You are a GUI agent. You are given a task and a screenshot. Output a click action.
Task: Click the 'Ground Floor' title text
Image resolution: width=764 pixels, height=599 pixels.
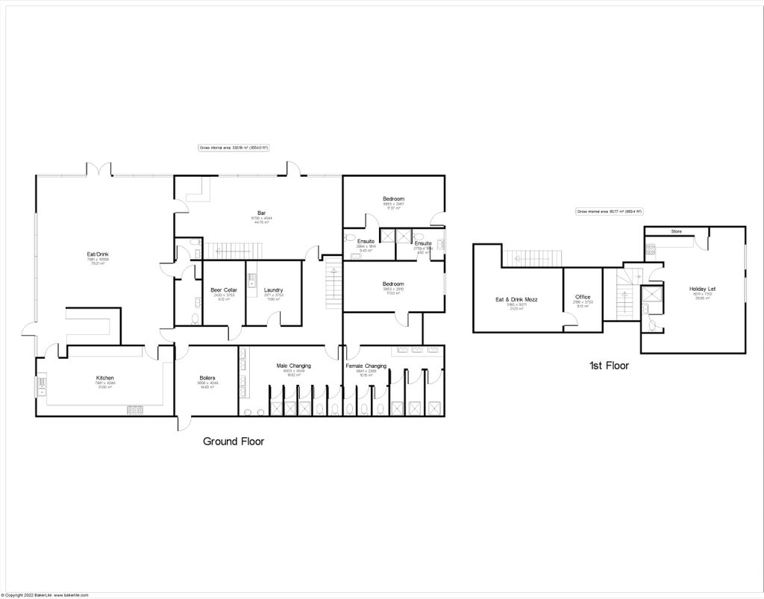[x=234, y=442]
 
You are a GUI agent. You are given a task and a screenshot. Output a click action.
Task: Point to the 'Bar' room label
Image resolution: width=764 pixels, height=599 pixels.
[x=262, y=213]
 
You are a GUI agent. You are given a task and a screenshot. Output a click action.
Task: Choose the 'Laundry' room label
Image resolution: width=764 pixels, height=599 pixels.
[x=273, y=289]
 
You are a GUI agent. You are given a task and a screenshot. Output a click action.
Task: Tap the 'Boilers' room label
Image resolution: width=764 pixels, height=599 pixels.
[x=207, y=377]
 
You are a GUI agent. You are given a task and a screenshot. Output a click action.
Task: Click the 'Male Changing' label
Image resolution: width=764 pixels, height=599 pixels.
[x=293, y=366]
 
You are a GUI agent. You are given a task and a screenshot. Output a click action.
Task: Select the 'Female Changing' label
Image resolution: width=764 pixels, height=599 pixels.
[x=366, y=366]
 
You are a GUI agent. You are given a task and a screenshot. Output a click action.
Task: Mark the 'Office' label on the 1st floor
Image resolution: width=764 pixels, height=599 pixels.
[x=583, y=297]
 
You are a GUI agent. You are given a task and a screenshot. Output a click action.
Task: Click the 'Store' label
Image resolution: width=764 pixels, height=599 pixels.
[x=676, y=231]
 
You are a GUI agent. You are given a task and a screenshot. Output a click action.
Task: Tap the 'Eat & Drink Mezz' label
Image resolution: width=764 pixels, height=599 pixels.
[x=516, y=300]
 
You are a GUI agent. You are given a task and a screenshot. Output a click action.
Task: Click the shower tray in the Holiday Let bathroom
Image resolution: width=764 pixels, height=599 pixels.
[x=654, y=296]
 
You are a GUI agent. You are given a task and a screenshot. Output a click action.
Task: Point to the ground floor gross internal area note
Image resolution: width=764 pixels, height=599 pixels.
[x=234, y=148]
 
